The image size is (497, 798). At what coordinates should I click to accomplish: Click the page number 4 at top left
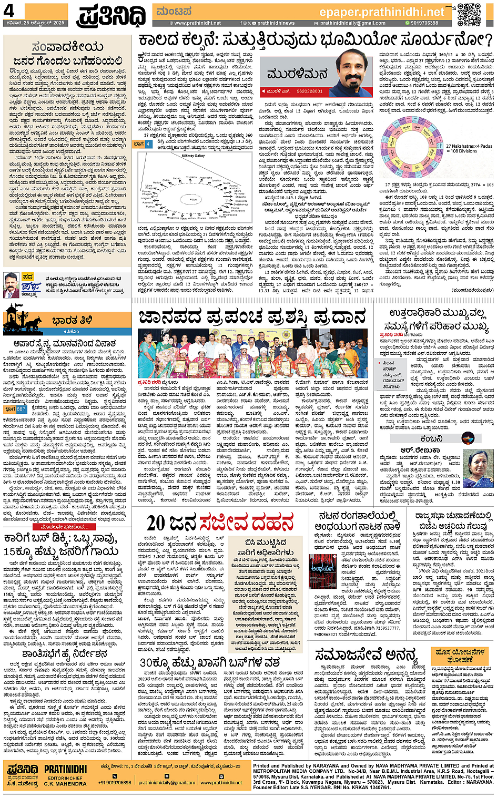click(9, 11)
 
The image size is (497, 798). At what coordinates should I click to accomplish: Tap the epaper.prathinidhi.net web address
click(382, 11)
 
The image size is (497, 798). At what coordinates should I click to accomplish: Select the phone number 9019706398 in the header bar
click(424, 23)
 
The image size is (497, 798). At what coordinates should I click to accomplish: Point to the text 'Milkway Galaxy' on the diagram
click(192, 156)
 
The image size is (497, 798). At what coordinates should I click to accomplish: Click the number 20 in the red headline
click(157, 523)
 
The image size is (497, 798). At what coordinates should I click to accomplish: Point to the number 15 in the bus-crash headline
click(11, 551)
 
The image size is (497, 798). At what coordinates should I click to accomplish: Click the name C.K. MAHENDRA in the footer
click(65, 784)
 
